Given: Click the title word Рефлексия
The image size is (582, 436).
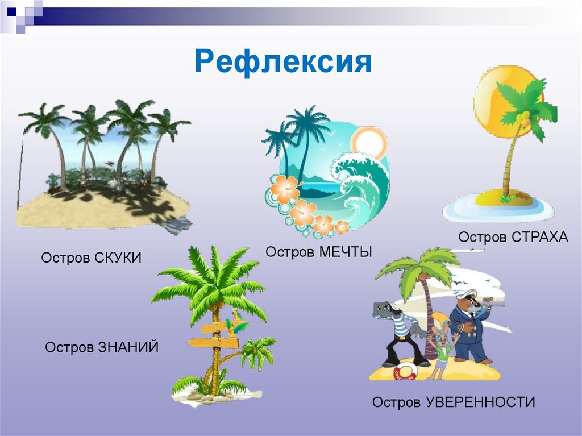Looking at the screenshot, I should click(282, 62).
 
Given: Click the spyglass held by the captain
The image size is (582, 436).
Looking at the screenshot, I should click(496, 306).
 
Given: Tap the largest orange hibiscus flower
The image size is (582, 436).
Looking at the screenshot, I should click(284, 189).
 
